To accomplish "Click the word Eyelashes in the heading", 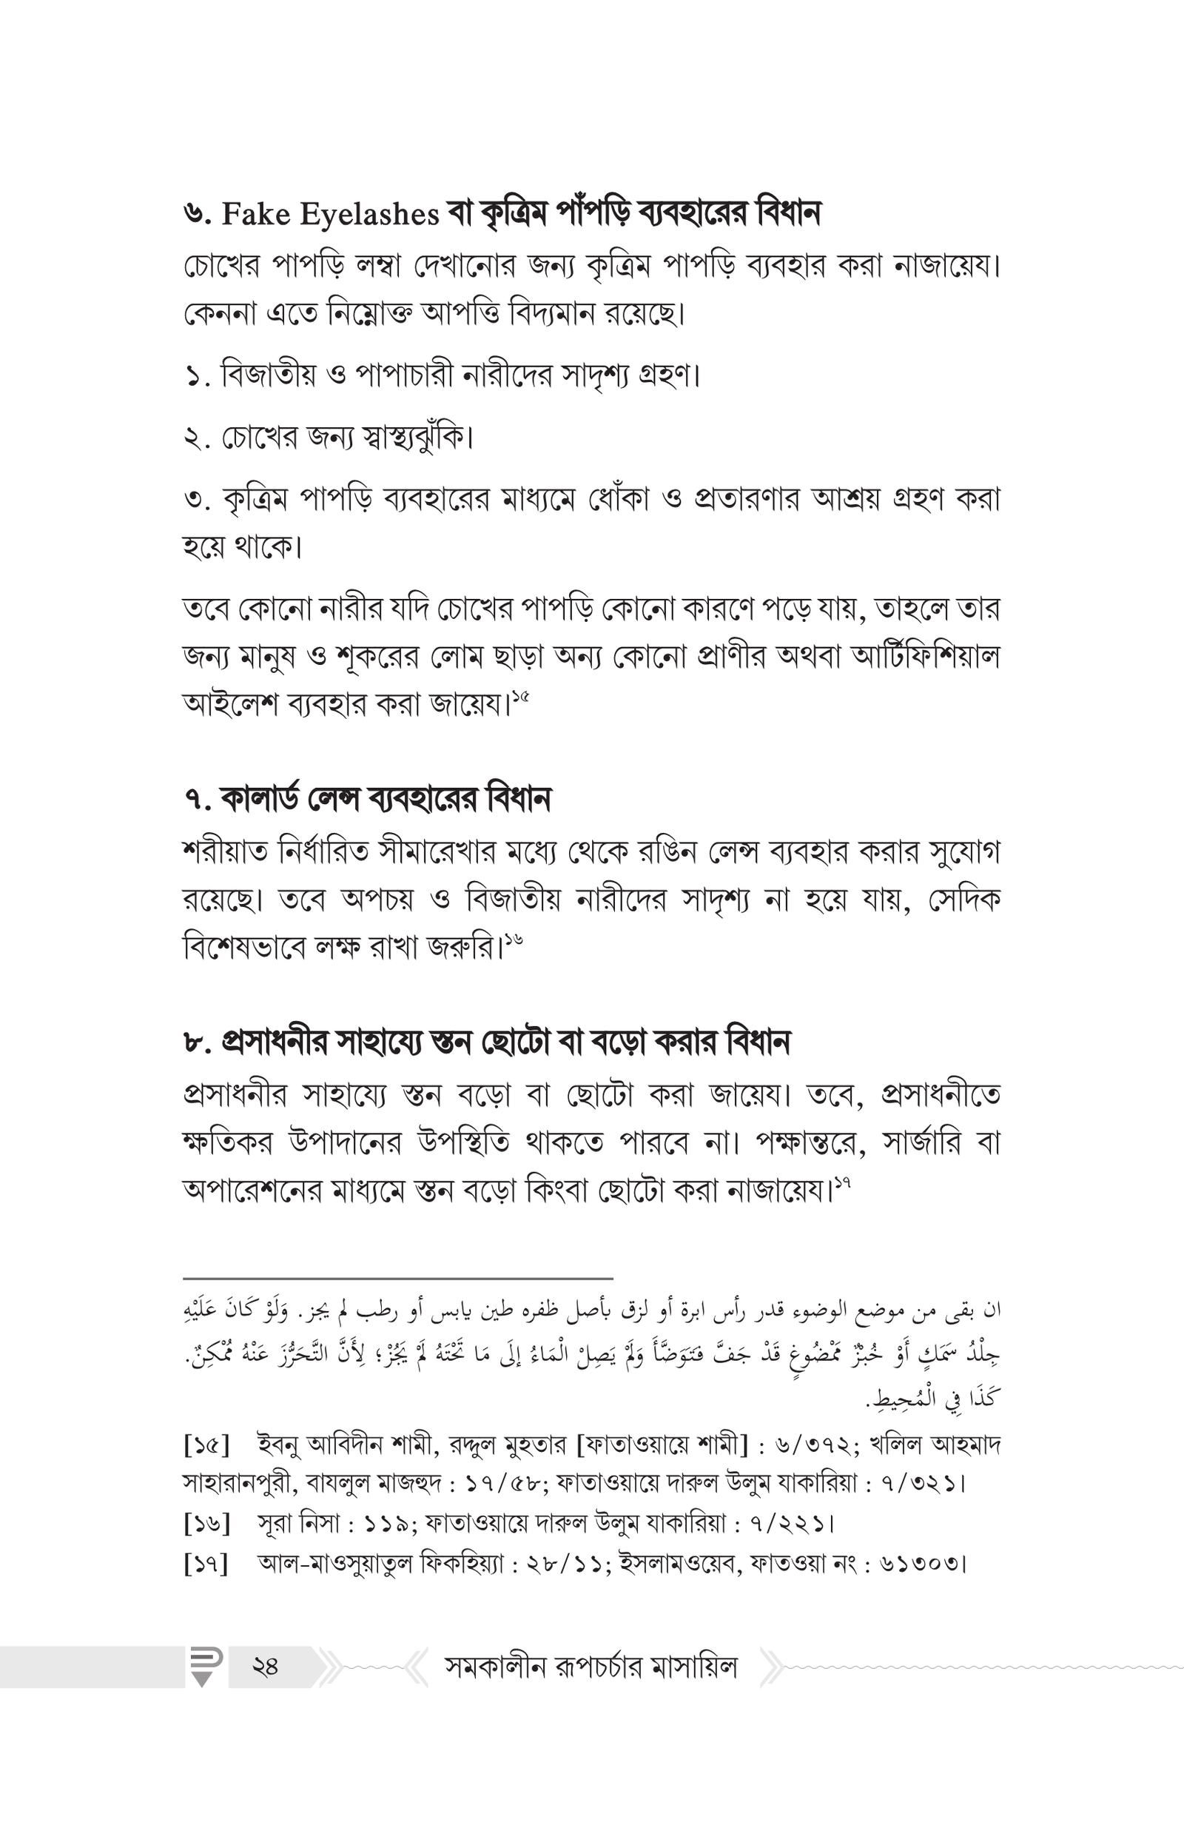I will tap(369, 215).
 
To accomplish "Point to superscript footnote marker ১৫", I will tap(520, 697).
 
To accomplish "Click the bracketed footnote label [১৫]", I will tap(206, 1445).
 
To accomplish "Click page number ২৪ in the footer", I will tap(264, 1667).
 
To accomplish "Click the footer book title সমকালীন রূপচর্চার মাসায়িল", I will tap(591, 1667).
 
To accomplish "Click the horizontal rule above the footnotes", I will tap(397, 1278).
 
